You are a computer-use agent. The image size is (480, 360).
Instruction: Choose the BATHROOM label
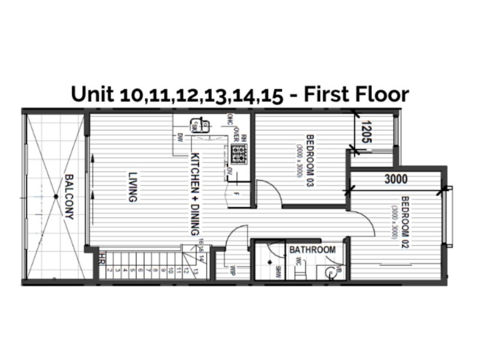(312, 250)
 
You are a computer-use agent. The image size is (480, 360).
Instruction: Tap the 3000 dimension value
(396, 179)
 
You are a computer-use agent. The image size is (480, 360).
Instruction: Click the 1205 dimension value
(366, 132)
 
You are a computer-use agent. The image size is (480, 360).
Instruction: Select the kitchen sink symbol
(196, 126)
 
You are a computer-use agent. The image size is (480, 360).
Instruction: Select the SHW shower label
(278, 271)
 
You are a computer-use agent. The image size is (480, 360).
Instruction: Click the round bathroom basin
(329, 271)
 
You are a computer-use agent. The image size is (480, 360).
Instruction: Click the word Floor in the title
(380, 94)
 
